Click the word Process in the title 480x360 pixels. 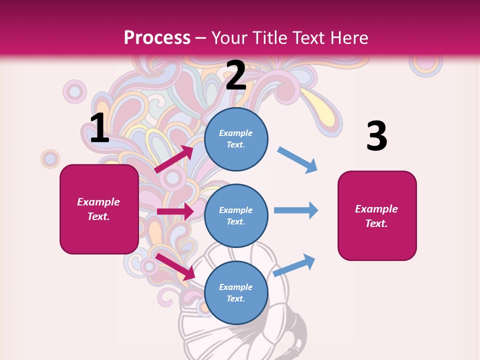click(x=157, y=37)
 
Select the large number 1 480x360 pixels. click(x=99, y=128)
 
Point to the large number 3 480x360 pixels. click(x=376, y=136)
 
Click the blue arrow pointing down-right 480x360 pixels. click(x=297, y=160)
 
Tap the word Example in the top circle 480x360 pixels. click(x=236, y=133)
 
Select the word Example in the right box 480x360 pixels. click(x=376, y=209)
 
